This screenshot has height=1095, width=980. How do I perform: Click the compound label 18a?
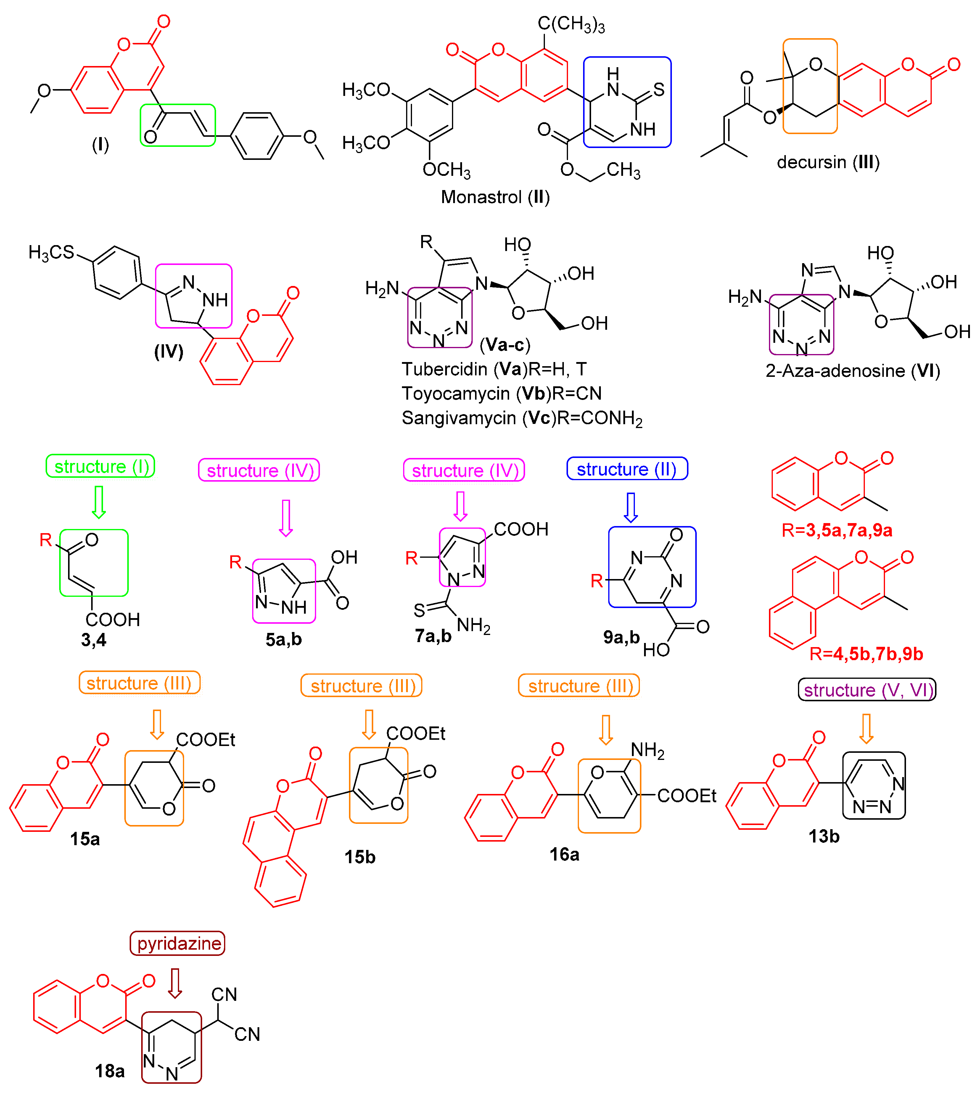pos(110,1071)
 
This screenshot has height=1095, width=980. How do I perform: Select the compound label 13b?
pos(824,837)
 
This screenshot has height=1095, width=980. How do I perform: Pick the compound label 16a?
pos(564,854)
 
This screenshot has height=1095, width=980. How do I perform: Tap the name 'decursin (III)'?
pos(828,162)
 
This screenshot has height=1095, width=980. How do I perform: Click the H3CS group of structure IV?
pos(51,252)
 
